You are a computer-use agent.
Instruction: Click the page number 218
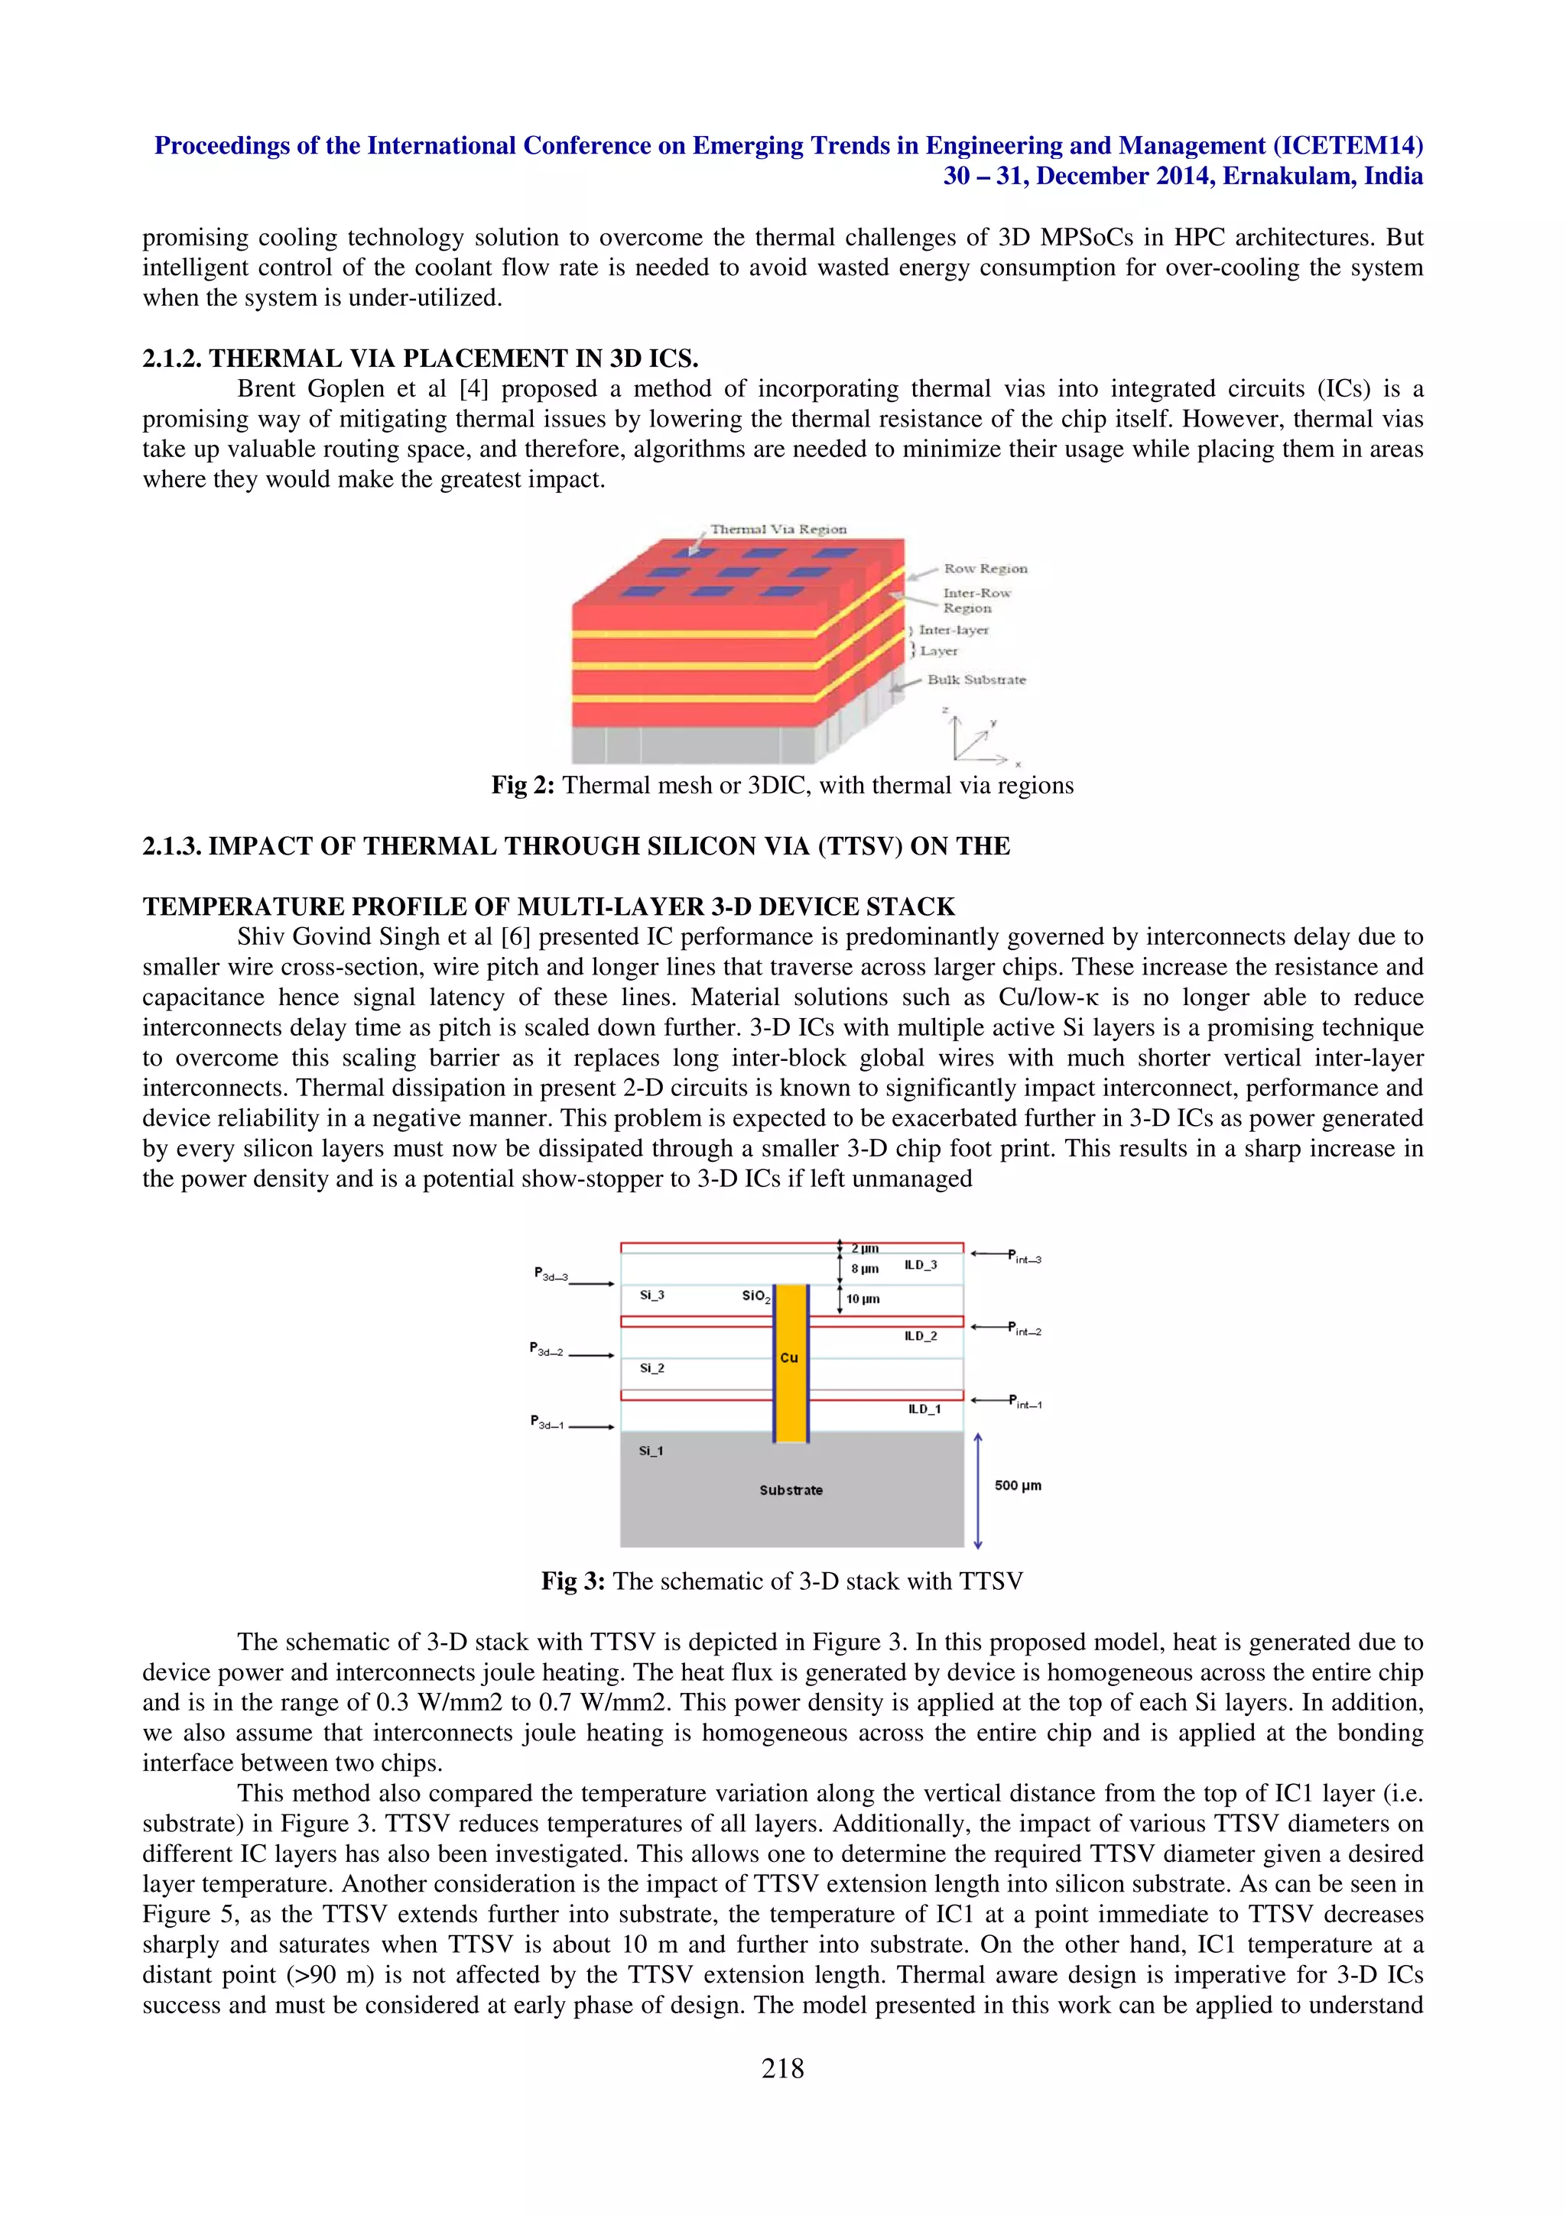(x=781, y=2068)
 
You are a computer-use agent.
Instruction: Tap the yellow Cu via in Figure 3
(x=790, y=1390)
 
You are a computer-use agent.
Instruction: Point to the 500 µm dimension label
(x=1018, y=1485)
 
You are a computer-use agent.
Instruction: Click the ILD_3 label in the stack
(x=921, y=1265)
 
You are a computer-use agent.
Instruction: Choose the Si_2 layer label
(x=651, y=1368)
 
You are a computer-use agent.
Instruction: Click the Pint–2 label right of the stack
(x=1025, y=1328)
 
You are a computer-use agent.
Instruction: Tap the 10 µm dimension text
(x=863, y=1299)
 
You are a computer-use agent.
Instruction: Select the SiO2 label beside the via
(x=756, y=1296)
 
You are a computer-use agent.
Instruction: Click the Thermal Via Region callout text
(x=778, y=529)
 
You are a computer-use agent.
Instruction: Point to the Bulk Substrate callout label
(x=976, y=679)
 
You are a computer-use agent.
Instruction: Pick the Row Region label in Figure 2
(x=985, y=568)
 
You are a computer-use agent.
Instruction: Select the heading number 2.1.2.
(x=173, y=359)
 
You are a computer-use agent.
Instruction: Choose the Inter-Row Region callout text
(x=976, y=600)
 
